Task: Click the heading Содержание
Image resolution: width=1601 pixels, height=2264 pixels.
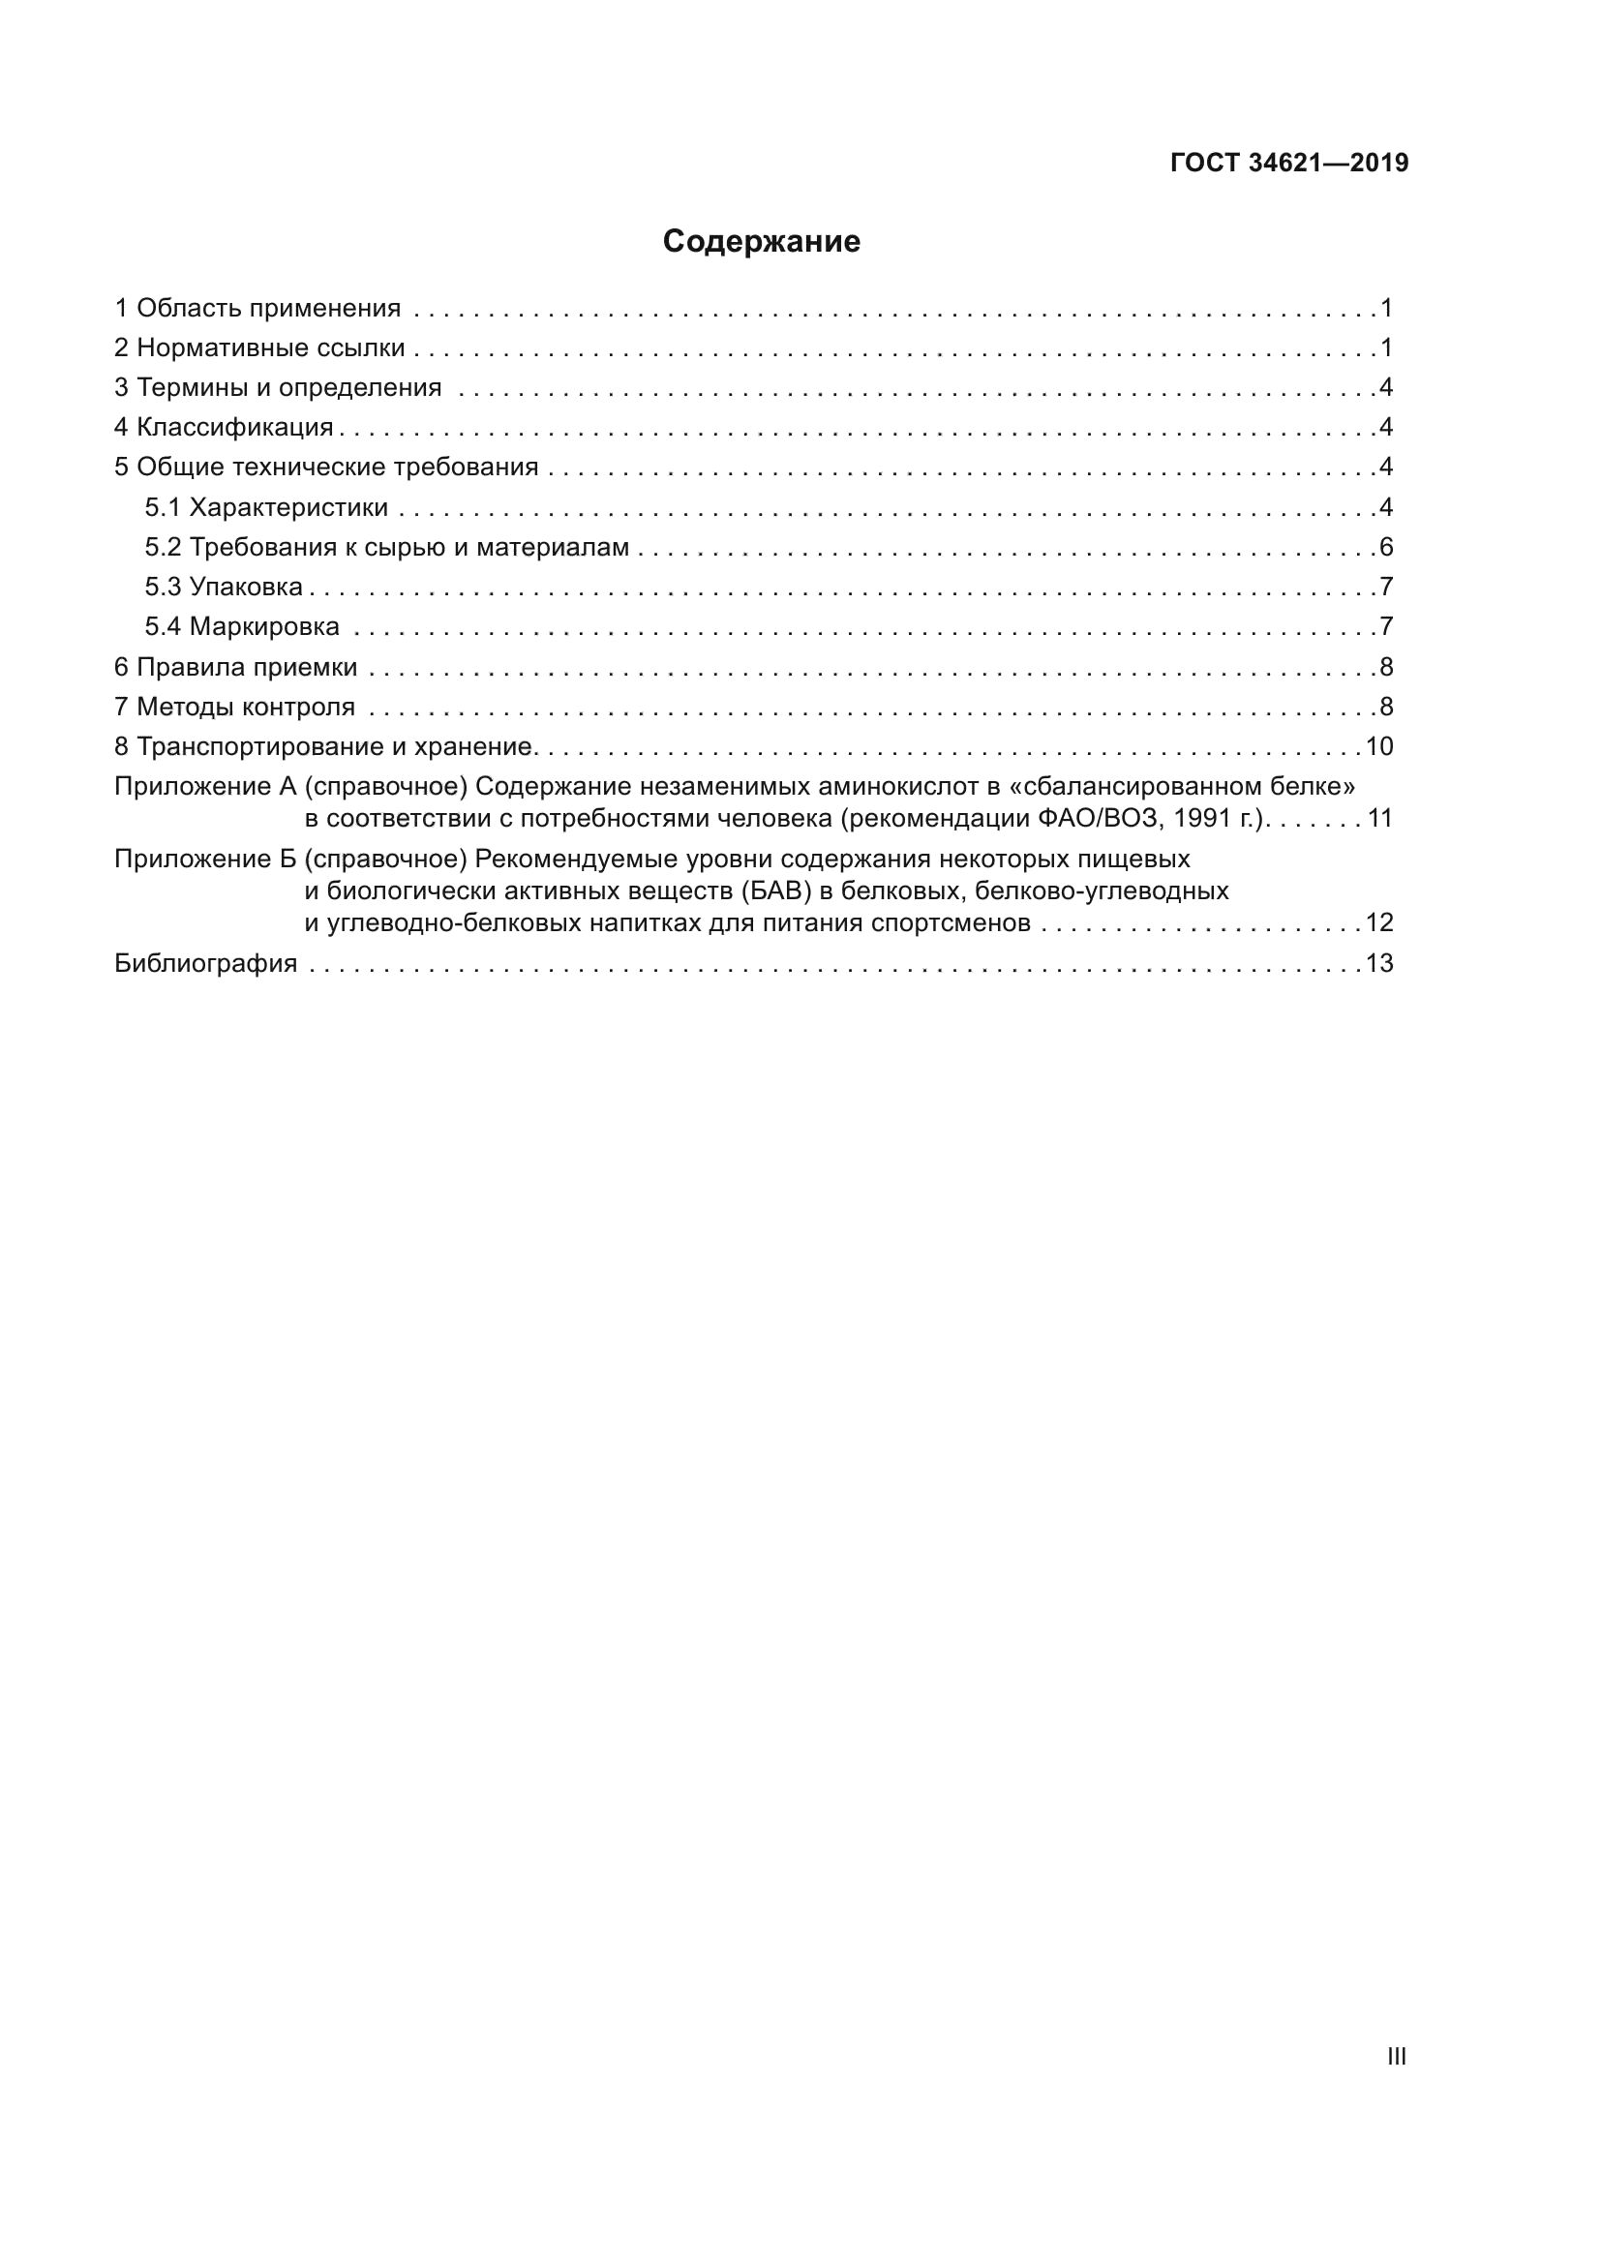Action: [761, 242]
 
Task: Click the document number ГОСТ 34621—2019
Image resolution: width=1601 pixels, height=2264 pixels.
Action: [1289, 164]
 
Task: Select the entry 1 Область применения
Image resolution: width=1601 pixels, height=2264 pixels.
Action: [257, 309]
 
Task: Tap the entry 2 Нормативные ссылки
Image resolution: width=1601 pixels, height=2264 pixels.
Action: [259, 348]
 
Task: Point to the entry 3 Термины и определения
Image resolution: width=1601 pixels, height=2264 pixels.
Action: [278, 387]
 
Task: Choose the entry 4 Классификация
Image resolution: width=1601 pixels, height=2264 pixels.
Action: [224, 428]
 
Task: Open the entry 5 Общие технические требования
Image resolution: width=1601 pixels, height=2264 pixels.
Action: [326, 468]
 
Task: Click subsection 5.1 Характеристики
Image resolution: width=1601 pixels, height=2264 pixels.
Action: [266, 508]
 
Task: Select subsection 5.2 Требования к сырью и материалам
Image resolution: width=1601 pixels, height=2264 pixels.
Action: [386, 547]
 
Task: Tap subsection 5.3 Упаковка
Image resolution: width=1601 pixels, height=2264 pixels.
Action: [224, 588]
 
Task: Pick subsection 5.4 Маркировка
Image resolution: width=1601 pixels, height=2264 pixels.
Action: [242, 627]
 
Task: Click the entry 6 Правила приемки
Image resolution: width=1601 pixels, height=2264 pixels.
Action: [235, 668]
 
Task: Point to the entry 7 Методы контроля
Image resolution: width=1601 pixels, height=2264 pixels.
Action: [234, 707]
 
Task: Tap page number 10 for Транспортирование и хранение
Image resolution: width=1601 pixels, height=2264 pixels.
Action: [1378, 746]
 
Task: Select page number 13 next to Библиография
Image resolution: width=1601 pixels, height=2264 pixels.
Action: [1378, 963]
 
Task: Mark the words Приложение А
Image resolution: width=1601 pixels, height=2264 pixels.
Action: [205, 787]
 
